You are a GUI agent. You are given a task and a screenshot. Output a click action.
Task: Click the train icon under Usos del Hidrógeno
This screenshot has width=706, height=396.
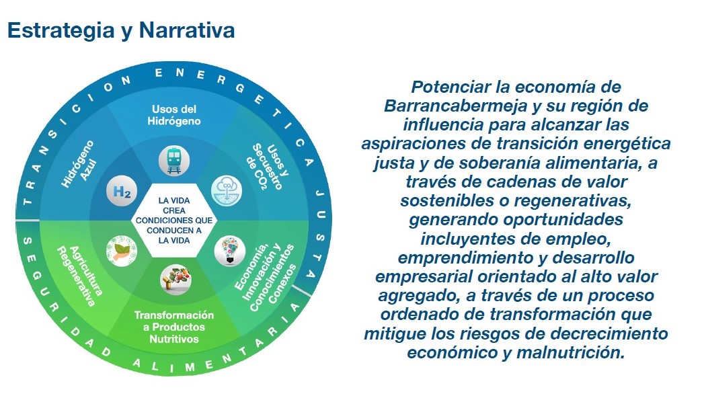(173, 161)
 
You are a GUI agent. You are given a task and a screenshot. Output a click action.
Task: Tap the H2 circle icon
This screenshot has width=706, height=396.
(122, 191)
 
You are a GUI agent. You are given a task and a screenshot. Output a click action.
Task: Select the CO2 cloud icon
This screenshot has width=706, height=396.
(227, 191)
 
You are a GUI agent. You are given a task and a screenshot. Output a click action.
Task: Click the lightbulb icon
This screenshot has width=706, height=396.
(230, 251)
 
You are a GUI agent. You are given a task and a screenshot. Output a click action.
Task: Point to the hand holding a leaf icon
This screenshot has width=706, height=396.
(122, 251)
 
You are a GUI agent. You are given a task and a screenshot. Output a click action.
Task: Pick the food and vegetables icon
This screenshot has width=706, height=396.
(175, 280)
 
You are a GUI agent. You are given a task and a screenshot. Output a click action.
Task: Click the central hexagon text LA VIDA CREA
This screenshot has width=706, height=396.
(173, 205)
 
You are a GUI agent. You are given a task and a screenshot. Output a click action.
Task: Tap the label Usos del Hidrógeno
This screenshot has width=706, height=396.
(173, 115)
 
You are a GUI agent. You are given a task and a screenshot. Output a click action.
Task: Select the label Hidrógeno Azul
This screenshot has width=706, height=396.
(79, 164)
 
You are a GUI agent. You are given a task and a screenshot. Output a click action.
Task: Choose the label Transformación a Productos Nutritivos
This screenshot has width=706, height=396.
(173, 327)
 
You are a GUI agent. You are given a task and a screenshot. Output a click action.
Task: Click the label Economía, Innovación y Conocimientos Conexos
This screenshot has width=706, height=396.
(266, 278)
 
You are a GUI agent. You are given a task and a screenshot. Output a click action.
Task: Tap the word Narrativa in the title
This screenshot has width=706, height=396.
(186, 30)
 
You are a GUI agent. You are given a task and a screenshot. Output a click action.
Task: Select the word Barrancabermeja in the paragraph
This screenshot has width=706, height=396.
(456, 106)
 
